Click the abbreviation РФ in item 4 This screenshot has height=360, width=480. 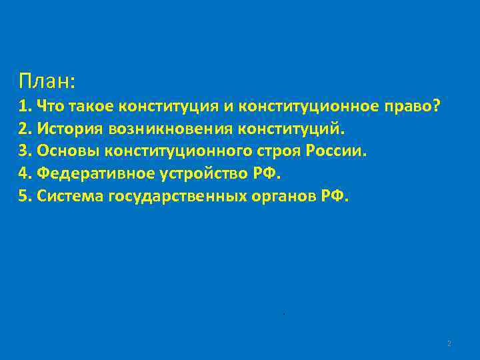[x=265, y=174]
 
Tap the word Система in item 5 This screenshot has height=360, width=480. [x=69, y=197]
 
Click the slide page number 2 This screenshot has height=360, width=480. [x=449, y=343]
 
